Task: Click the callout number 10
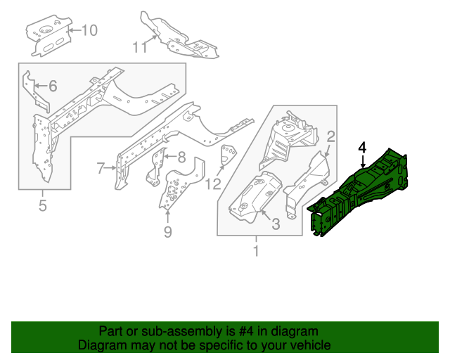(x=90, y=30)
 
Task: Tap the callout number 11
(x=140, y=47)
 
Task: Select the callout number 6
(x=52, y=86)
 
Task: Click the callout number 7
(x=101, y=167)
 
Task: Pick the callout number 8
(x=181, y=157)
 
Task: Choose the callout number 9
(x=167, y=231)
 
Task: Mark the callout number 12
(x=214, y=184)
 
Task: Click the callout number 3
(x=276, y=224)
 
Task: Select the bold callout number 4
(x=362, y=148)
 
